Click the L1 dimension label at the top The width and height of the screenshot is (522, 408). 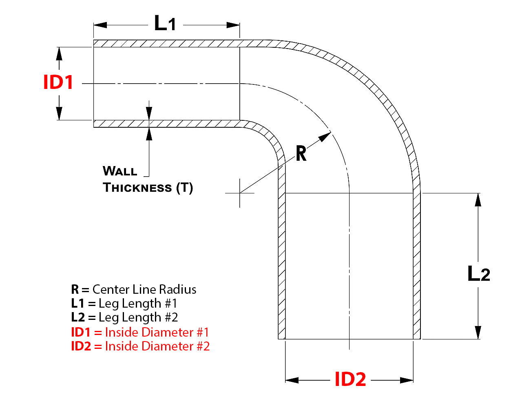[165, 23]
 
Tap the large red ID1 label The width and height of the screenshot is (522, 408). [58, 82]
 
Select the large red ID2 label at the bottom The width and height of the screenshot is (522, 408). [350, 379]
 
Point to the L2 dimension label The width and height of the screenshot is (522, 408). [478, 274]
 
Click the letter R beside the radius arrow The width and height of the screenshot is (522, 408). [301, 154]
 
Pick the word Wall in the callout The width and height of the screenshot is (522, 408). [120, 171]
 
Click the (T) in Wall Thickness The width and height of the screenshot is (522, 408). [185, 188]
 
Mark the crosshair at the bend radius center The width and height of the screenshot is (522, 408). [240, 193]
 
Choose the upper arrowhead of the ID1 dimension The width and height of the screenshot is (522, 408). [59, 53]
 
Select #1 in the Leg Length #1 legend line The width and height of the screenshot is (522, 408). [171, 304]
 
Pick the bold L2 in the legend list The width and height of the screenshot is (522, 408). [78, 317]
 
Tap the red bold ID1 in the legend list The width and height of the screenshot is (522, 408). [80, 332]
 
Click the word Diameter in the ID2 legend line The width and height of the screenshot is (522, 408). [170, 346]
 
